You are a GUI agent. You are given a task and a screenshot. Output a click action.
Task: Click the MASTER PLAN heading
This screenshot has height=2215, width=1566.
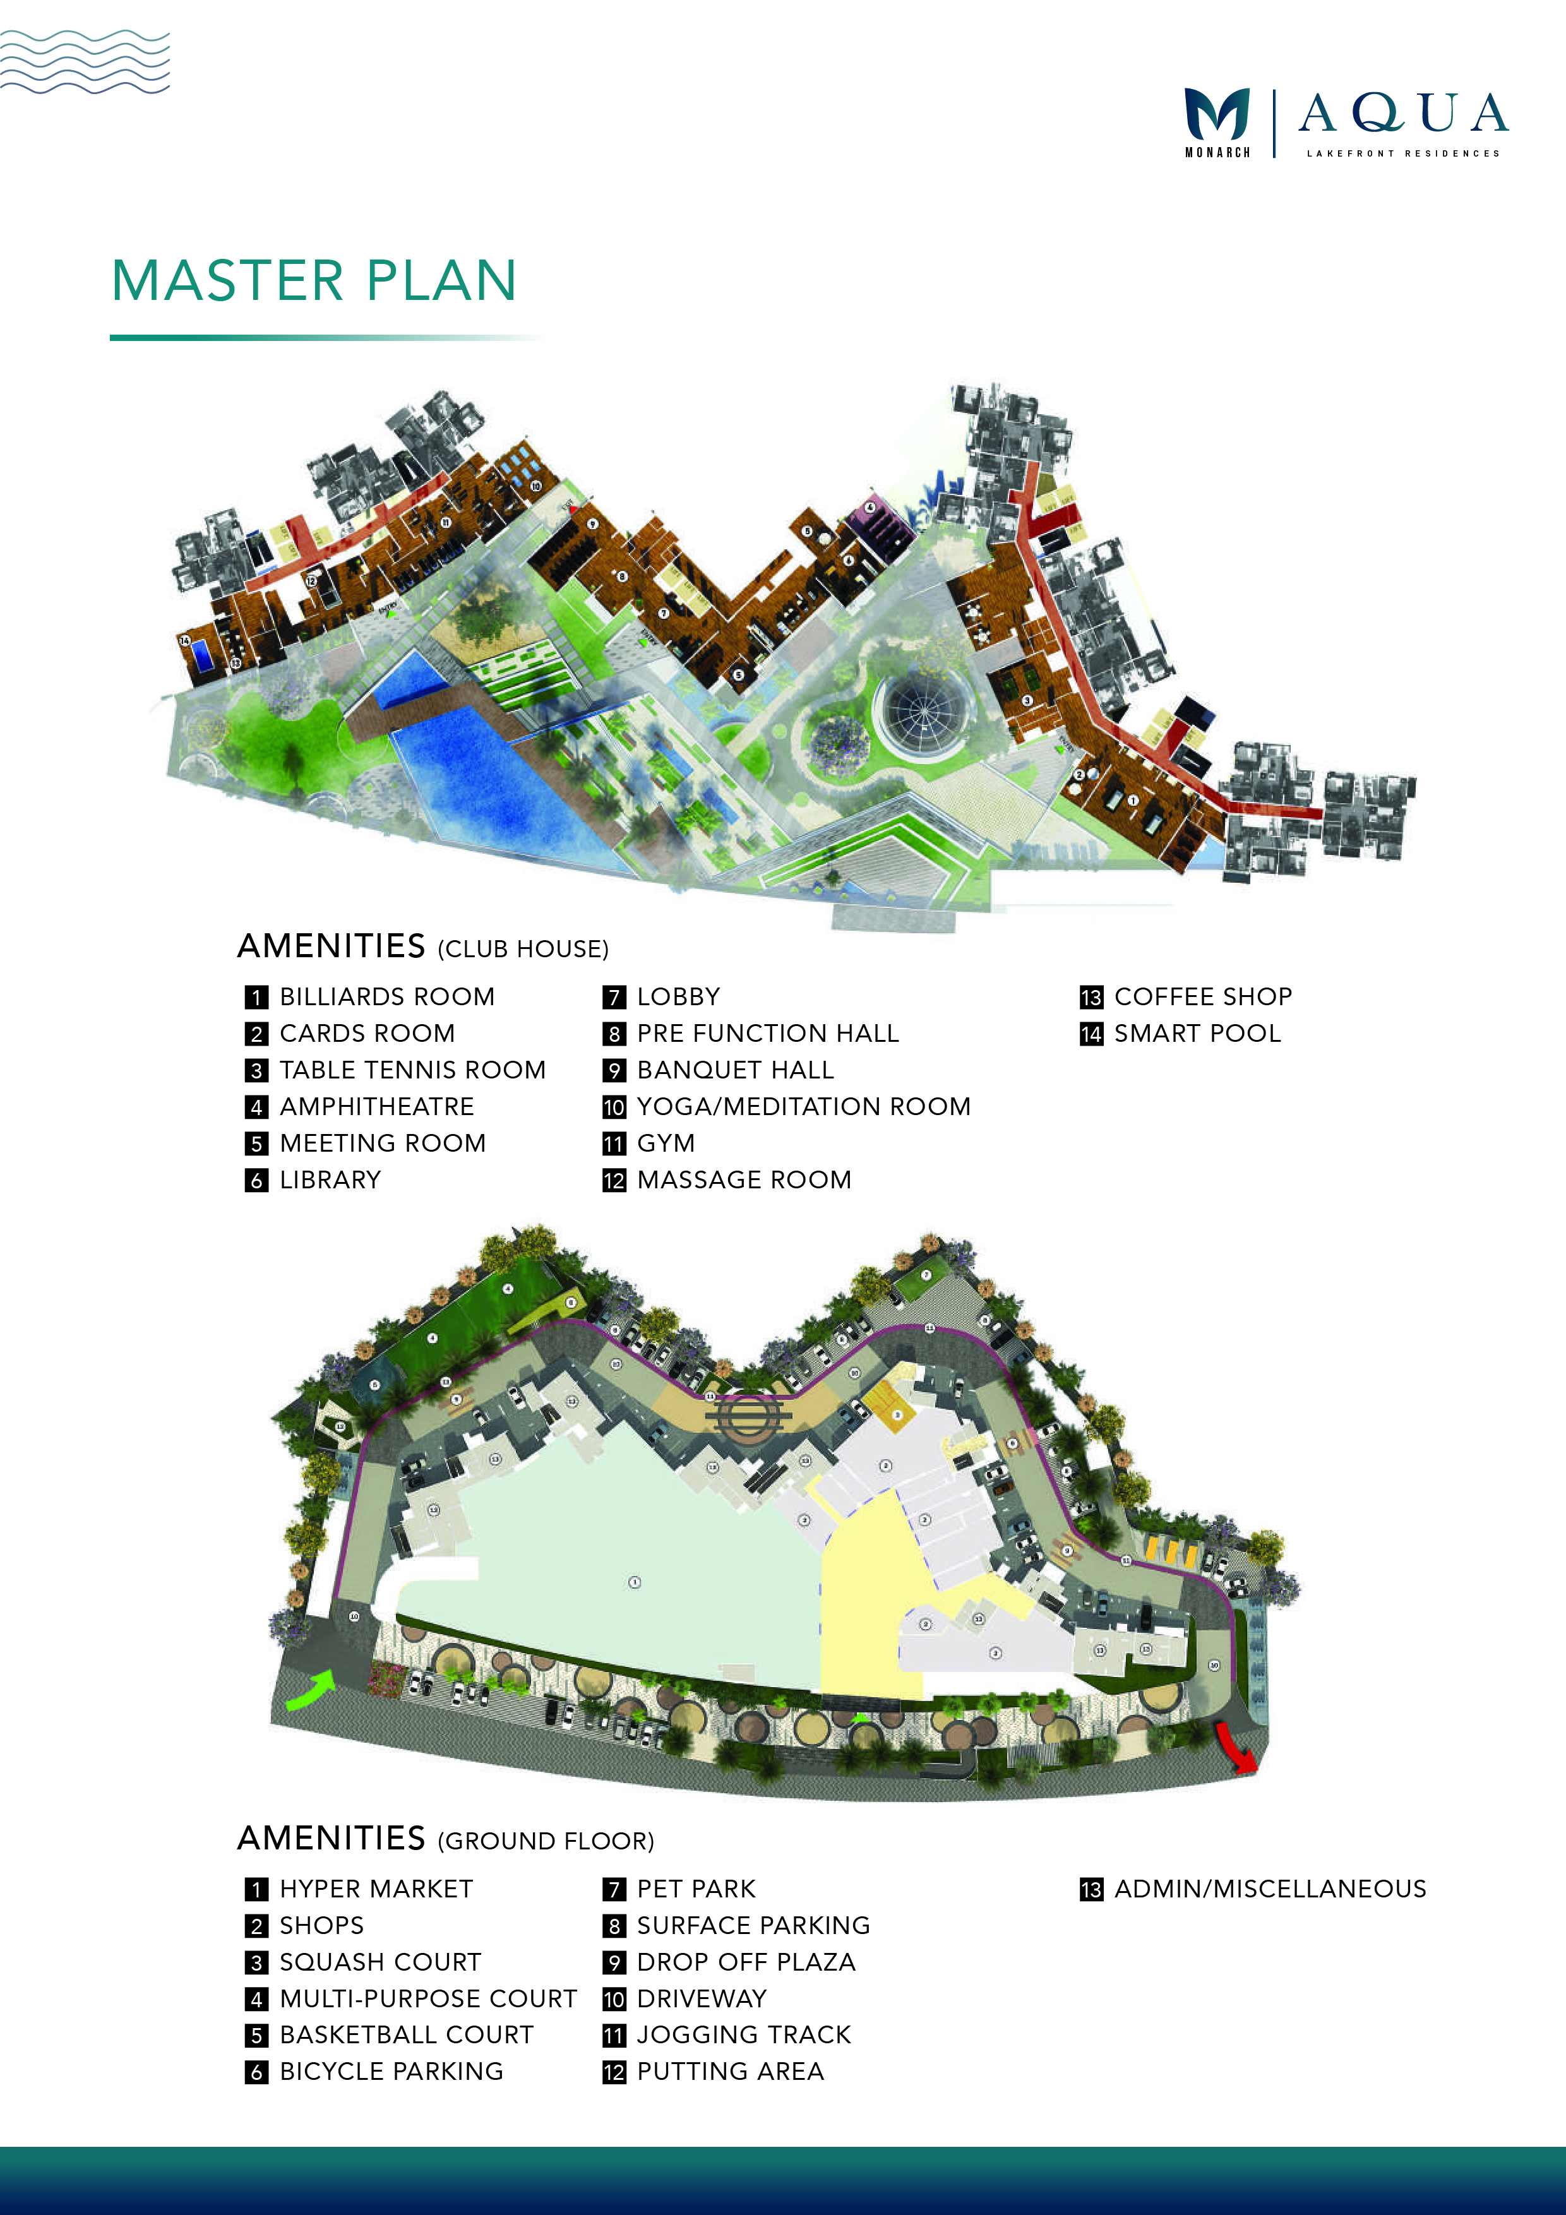(x=314, y=281)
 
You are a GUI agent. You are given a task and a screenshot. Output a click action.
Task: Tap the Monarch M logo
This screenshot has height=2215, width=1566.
(x=1217, y=115)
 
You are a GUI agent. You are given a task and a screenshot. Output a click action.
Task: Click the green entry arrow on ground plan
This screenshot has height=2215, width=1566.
(x=311, y=1688)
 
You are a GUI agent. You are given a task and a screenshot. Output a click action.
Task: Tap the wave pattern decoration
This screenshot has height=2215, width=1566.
(x=85, y=62)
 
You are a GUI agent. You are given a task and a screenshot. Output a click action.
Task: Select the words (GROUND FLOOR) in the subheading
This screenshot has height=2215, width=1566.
(x=546, y=1842)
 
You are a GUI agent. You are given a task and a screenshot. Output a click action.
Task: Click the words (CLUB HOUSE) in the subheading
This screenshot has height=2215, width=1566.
(x=523, y=949)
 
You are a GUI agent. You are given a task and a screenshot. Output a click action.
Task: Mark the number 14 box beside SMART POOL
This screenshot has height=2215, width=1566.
(x=1091, y=1034)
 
